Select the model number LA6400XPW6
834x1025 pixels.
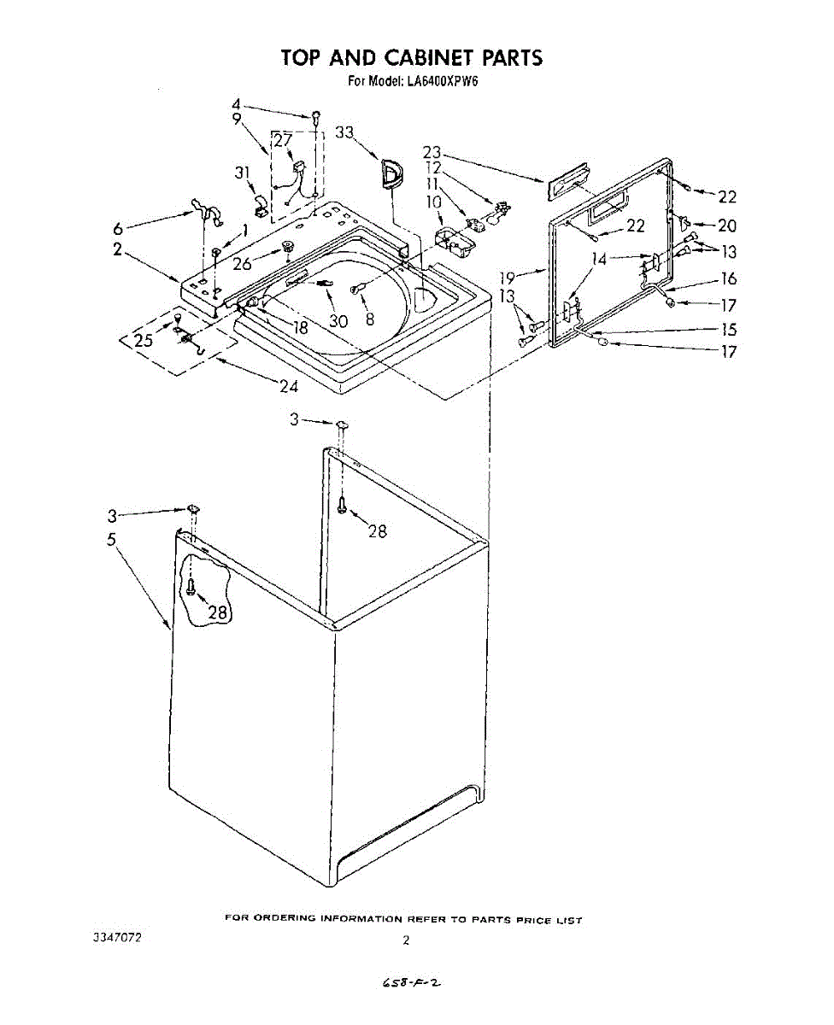coord(443,81)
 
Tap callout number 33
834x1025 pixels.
coord(344,132)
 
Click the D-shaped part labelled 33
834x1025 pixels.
coord(393,173)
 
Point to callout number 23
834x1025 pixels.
coord(432,153)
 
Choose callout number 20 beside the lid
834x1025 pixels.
coord(727,225)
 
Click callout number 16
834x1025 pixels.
coord(729,278)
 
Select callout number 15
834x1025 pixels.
coord(729,329)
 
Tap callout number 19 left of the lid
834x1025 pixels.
coord(508,278)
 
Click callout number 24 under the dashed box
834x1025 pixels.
coord(289,386)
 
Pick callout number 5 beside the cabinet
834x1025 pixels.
coord(112,540)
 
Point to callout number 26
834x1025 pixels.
coord(242,263)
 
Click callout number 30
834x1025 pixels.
coord(338,320)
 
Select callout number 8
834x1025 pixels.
coord(370,319)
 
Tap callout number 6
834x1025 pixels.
coord(118,228)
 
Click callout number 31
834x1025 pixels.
coord(243,173)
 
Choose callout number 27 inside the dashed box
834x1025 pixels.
coord(283,140)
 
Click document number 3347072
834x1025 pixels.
coord(117,937)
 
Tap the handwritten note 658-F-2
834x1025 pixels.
coord(412,979)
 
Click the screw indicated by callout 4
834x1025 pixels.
coord(316,115)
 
